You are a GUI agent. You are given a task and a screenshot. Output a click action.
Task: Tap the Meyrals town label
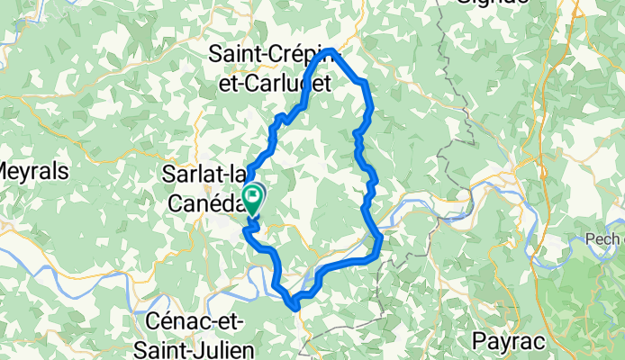point(22,170)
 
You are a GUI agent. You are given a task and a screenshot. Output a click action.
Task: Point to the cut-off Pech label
point(611,239)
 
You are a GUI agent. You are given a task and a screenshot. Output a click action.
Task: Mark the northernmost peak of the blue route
point(332,49)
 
